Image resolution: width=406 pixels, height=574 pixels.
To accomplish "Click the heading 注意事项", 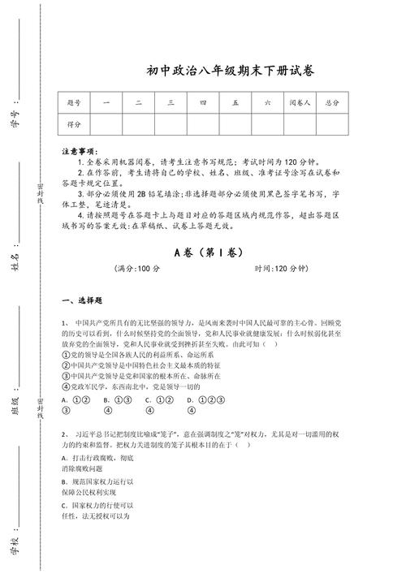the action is pyautogui.click(x=79, y=151).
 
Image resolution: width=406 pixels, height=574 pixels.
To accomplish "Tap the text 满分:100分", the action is pyautogui.click(x=138, y=269).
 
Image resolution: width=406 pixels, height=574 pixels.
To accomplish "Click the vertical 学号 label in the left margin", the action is pyautogui.click(x=15, y=114).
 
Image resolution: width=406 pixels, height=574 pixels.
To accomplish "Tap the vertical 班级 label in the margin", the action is pyautogui.click(x=15, y=404).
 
